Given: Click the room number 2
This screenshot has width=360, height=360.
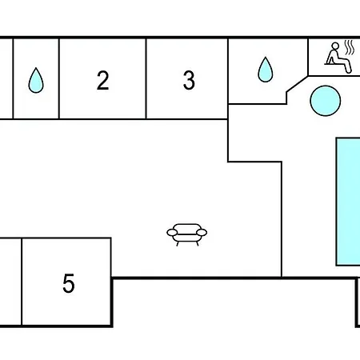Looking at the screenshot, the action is [103, 80].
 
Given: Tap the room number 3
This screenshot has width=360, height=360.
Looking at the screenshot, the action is [189, 80].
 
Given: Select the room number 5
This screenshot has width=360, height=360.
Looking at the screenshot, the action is [69, 283].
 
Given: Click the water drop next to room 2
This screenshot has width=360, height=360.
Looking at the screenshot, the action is [36, 80].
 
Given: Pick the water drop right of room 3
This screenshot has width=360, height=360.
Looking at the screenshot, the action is [266, 70].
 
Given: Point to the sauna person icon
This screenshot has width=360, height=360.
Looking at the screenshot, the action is [338, 58].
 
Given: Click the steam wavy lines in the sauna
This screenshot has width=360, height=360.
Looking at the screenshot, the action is [350, 47].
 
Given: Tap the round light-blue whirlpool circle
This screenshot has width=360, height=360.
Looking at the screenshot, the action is [326, 101].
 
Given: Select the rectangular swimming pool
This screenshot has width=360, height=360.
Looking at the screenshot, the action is [348, 202].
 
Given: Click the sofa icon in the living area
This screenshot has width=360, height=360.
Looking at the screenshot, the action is [187, 234].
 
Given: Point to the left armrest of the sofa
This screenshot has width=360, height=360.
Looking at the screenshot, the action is [172, 233].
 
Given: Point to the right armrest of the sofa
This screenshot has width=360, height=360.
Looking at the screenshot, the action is [202, 233].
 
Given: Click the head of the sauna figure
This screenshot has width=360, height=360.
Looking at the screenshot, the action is [335, 46].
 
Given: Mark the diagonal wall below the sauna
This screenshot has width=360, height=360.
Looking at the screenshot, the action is [298, 84].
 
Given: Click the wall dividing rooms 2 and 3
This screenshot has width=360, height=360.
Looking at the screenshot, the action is [146, 78].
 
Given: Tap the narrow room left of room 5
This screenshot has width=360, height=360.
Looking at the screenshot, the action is [10, 282].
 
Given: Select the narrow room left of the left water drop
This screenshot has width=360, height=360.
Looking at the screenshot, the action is [6, 78].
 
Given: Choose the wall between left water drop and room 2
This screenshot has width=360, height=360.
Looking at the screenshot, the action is [59, 78].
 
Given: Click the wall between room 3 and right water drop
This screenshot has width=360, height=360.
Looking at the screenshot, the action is [228, 78].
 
